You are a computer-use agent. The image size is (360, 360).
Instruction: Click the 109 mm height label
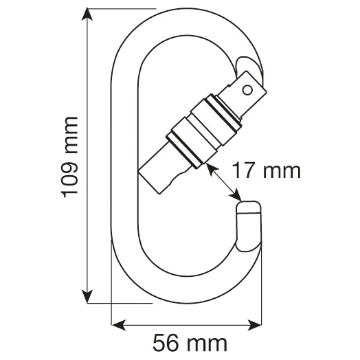pos(69,157)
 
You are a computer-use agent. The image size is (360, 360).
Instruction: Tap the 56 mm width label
pos(190,344)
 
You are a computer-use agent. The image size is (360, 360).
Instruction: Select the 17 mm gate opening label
pos(267,170)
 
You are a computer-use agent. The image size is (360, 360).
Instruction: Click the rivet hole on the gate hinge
pos(247,90)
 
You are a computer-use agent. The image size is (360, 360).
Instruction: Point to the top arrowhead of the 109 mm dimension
pos(87,14)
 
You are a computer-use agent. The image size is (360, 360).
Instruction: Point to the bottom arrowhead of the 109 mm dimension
pos(87,296)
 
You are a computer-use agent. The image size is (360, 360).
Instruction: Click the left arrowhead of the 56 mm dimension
pos(118,325)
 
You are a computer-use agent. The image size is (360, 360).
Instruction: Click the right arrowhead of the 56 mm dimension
pos(255,325)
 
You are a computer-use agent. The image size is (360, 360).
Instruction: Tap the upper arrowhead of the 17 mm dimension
pos(212,169)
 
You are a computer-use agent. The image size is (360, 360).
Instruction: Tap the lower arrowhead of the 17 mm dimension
pos(236,194)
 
